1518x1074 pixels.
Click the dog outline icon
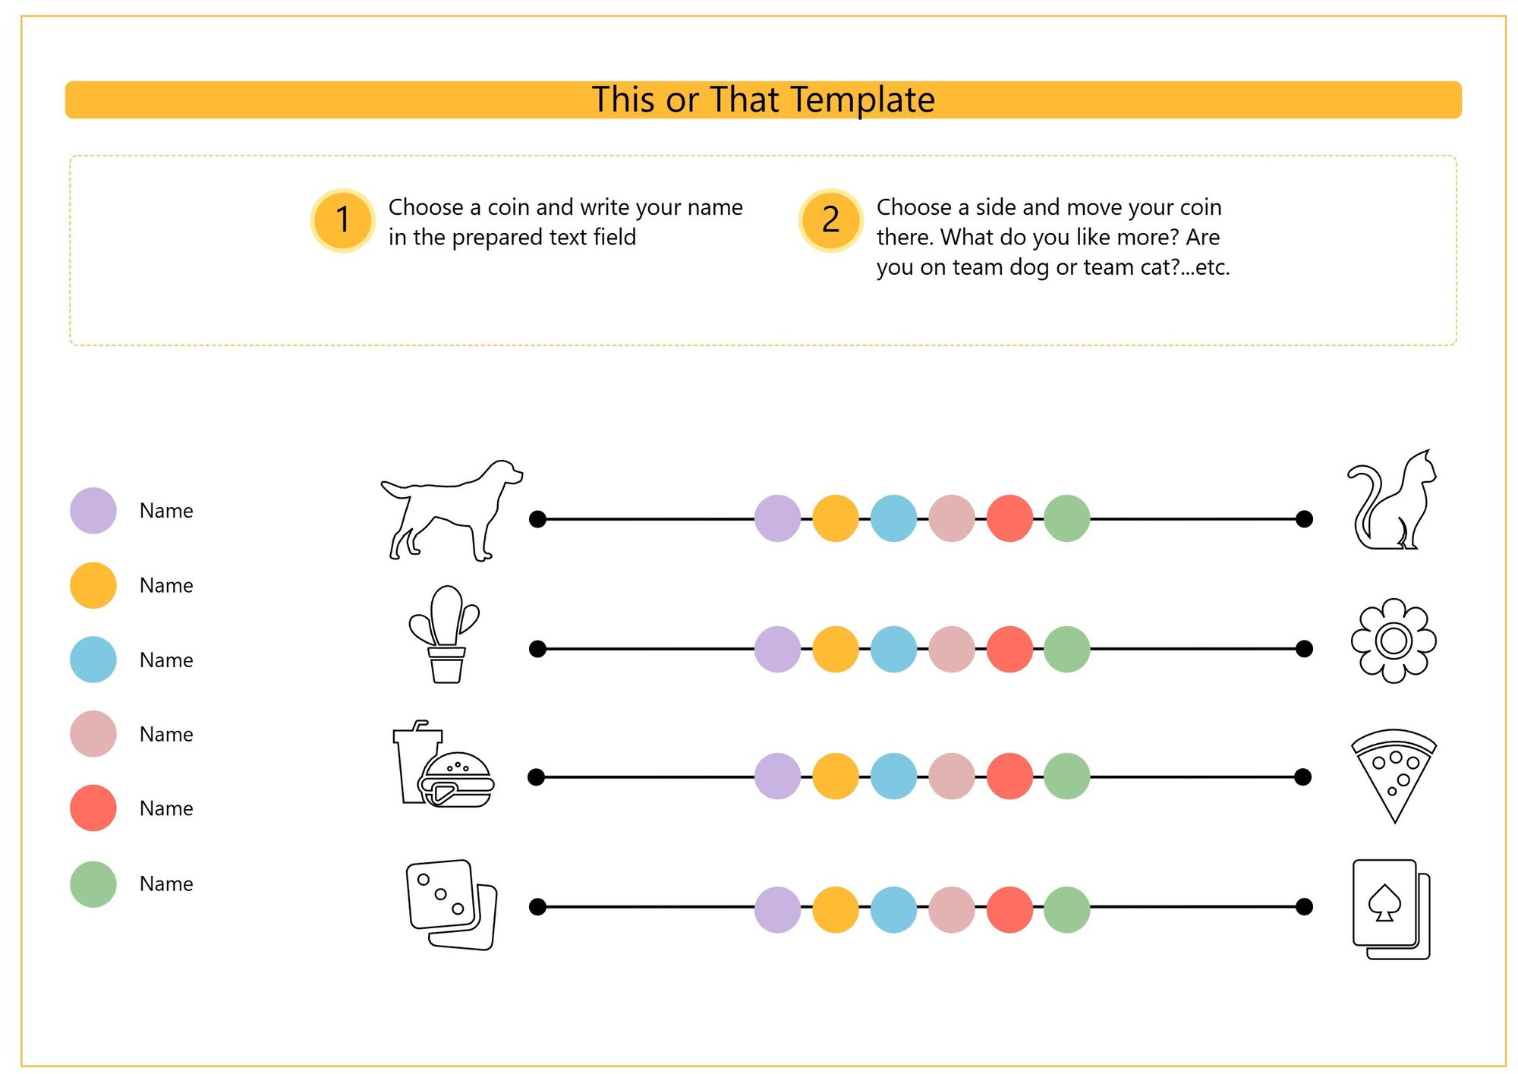click(x=452, y=510)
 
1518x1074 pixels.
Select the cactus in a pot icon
click(x=445, y=635)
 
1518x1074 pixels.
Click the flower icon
click(x=1394, y=641)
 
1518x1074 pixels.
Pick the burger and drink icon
click(x=444, y=764)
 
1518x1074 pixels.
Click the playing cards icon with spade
click(x=1391, y=909)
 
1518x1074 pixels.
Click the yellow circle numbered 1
click(x=343, y=220)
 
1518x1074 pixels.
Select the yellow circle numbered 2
click(x=831, y=220)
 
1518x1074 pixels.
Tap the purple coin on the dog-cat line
click(x=777, y=518)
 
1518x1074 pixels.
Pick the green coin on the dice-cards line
click(x=1067, y=909)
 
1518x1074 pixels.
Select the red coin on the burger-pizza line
click(x=1009, y=776)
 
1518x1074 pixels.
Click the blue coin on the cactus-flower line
click(x=893, y=649)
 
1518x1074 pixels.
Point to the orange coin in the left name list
click(x=93, y=585)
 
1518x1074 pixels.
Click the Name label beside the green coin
click(x=166, y=883)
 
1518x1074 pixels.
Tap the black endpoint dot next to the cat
click(x=1304, y=518)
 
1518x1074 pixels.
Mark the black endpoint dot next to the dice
click(x=537, y=906)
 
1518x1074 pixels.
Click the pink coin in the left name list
click(x=93, y=734)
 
